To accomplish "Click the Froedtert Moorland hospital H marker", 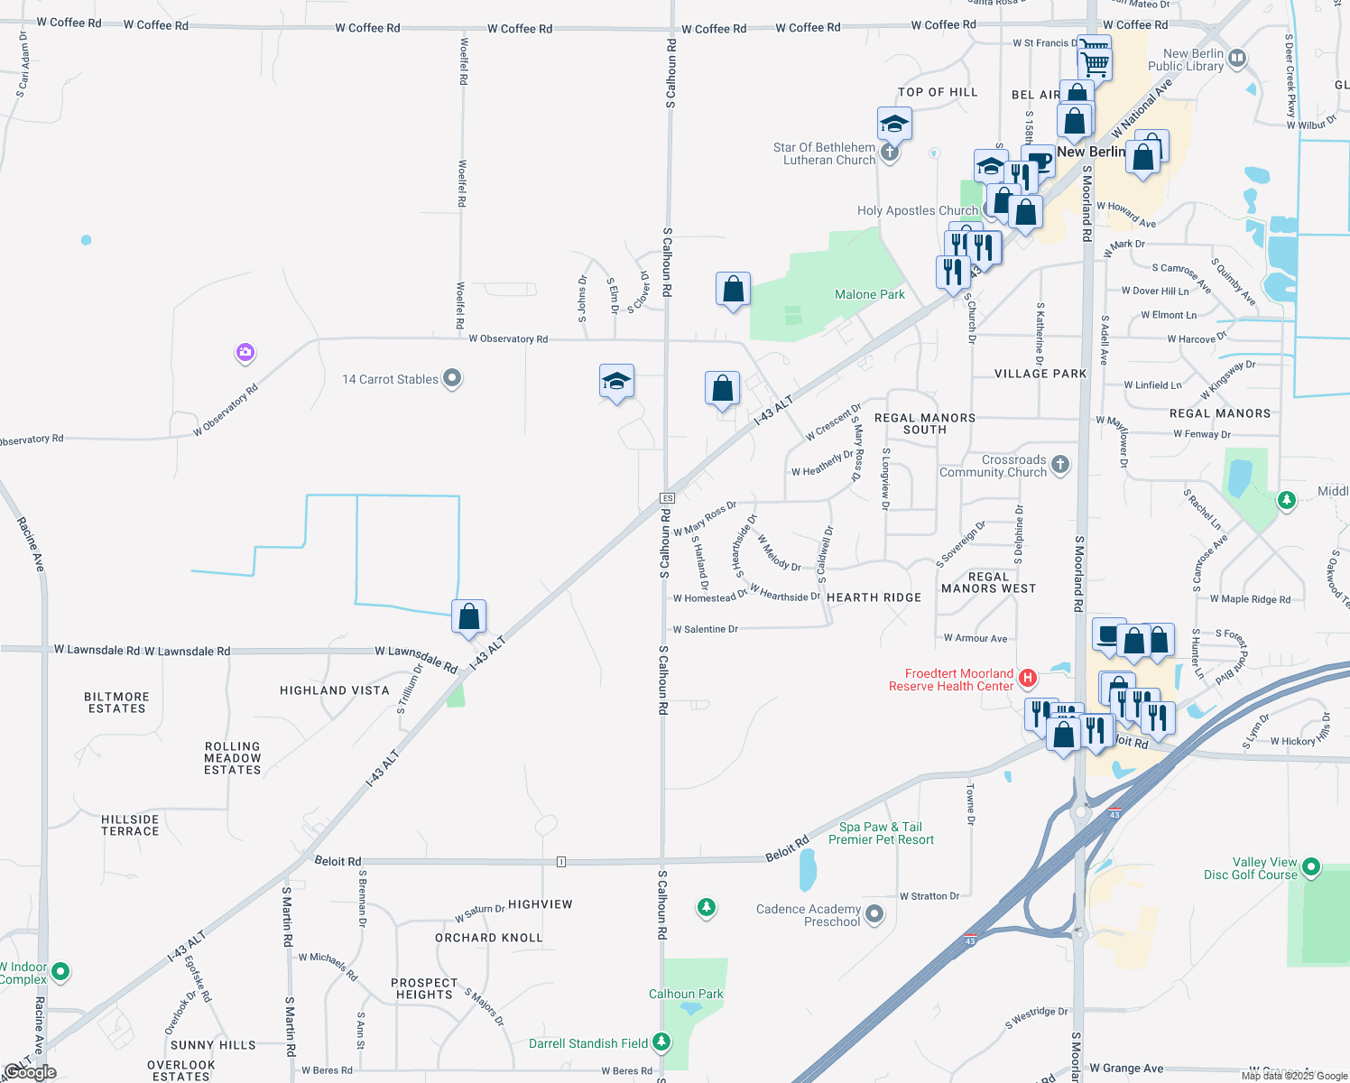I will [1027, 678].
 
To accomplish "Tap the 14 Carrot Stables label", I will [390, 380].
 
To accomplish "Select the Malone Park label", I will [869, 295].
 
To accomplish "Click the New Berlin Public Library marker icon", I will [1237, 59].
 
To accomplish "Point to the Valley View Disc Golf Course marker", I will [1311, 868].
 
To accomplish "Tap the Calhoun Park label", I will [686, 995].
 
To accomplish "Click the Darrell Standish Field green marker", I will [661, 1043].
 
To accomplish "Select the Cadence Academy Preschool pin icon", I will [874, 915].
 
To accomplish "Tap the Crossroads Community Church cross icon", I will [1060, 465].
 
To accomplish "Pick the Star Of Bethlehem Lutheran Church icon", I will [890, 153].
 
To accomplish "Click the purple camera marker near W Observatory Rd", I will [245, 353].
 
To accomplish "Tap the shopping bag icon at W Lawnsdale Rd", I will [469, 618].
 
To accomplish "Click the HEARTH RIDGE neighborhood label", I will [874, 597].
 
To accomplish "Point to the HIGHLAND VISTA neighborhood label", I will [335, 690].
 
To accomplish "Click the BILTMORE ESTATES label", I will [116, 703].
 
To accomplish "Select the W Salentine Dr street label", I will [706, 629].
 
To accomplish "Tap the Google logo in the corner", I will [30, 1072].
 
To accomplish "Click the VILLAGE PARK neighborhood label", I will [1040, 374].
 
